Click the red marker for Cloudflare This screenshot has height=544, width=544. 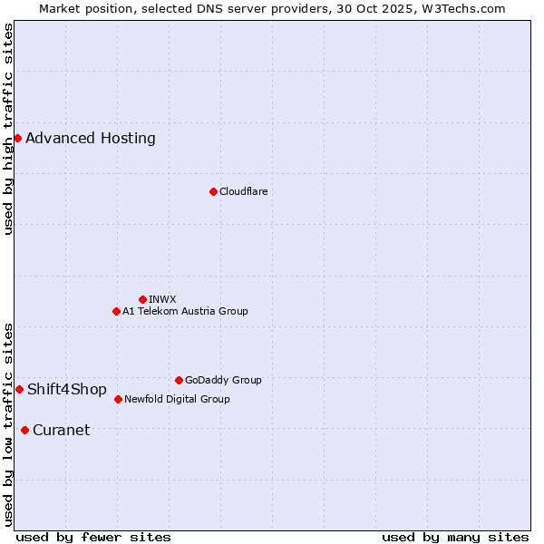click(213, 191)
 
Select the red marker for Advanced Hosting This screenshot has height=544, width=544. click(17, 138)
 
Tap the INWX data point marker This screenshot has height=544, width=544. click(142, 299)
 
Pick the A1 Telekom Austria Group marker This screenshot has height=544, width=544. click(116, 311)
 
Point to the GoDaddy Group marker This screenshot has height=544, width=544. click(179, 380)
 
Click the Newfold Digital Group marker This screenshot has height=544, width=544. click(118, 399)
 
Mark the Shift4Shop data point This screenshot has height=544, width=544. click(19, 389)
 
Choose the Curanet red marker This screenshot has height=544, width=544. click(24, 430)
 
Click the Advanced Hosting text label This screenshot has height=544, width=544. click(91, 138)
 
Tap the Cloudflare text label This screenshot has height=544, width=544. click(243, 191)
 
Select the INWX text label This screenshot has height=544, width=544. click(162, 299)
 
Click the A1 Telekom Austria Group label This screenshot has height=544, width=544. click(185, 311)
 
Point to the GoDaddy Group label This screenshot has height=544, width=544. click(223, 380)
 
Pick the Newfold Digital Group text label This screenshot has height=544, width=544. click(177, 399)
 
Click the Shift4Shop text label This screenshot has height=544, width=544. click(67, 389)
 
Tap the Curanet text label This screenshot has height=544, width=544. click(61, 430)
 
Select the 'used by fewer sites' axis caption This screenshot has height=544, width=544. click(93, 537)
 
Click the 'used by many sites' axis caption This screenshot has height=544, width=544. click(455, 537)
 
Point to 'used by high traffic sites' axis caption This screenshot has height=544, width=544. click(8, 129)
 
